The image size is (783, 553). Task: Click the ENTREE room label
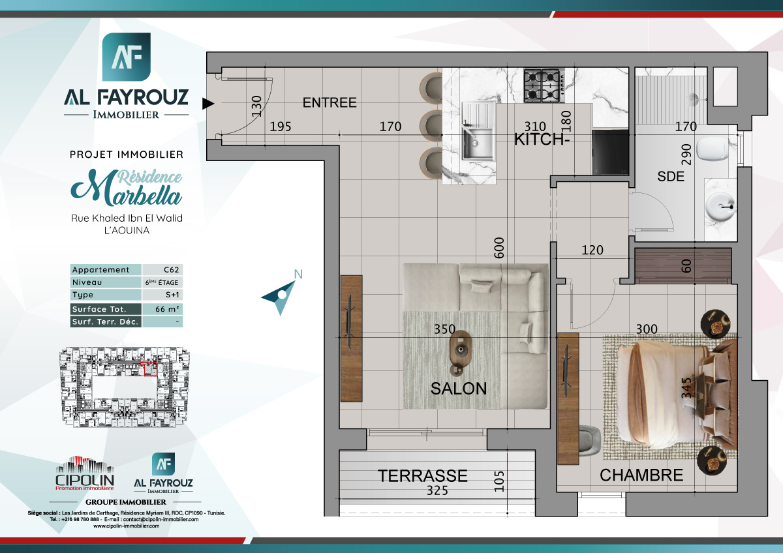click(330, 102)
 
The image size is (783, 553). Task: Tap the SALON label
click(459, 389)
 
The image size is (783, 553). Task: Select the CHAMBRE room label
click(641, 475)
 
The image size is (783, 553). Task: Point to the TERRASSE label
click(423, 476)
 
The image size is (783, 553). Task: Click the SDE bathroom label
click(671, 176)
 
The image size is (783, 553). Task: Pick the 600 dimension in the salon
click(500, 248)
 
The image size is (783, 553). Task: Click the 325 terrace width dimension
click(437, 490)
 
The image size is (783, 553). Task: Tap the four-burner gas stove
click(542, 86)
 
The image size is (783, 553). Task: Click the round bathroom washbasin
click(721, 207)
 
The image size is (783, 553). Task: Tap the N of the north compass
click(298, 275)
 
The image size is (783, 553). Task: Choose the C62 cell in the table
click(162, 270)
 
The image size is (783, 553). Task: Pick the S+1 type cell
click(162, 295)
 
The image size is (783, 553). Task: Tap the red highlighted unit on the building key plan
click(150, 370)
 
